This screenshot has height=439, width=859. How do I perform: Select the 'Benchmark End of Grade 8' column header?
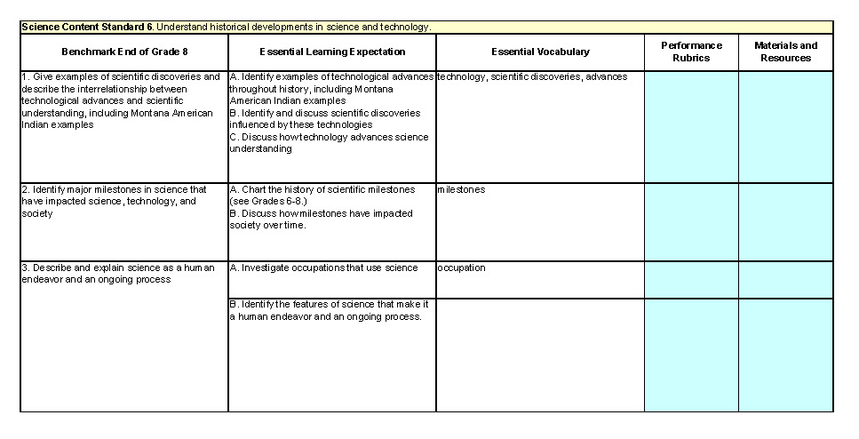pyautogui.click(x=124, y=52)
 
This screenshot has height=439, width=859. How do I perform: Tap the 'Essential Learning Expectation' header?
pyautogui.click(x=332, y=52)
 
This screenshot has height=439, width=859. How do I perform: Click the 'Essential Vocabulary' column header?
pyautogui.click(x=540, y=52)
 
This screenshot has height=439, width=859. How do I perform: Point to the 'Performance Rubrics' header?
pyautogui.click(x=691, y=52)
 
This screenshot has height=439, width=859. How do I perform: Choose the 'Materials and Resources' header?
pyautogui.click(x=785, y=52)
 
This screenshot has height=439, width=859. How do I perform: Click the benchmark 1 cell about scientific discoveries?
pyautogui.click(x=121, y=100)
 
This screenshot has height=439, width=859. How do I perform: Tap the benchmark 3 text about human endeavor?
pyautogui.click(x=117, y=274)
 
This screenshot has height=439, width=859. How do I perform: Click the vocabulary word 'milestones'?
pyautogui.click(x=461, y=189)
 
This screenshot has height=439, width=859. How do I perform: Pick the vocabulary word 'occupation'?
pyautogui.click(x=461, y=267)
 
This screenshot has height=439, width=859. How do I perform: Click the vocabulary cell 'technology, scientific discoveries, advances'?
pyautogui.click(x=532, y=76)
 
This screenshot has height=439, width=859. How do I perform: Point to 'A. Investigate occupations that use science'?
pyautogui.click(x=323, y=267)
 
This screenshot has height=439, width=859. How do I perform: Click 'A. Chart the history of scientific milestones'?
pyautogui.click(x=322, y=189)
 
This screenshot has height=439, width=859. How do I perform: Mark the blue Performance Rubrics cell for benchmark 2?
pyautogui.click(x=691, y=221)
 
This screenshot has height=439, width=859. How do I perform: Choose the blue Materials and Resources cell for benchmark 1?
pyautogui.click(x=785, y=126)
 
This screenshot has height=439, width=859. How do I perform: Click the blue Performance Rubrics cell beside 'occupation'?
pyautogui.click(x=691, y=279)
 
